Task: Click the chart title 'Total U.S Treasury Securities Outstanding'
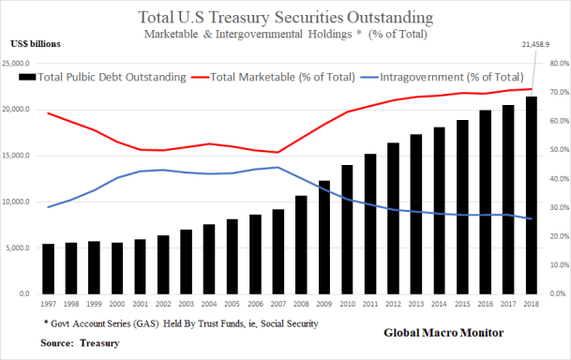point(285,17)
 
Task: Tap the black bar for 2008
point(301,245)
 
